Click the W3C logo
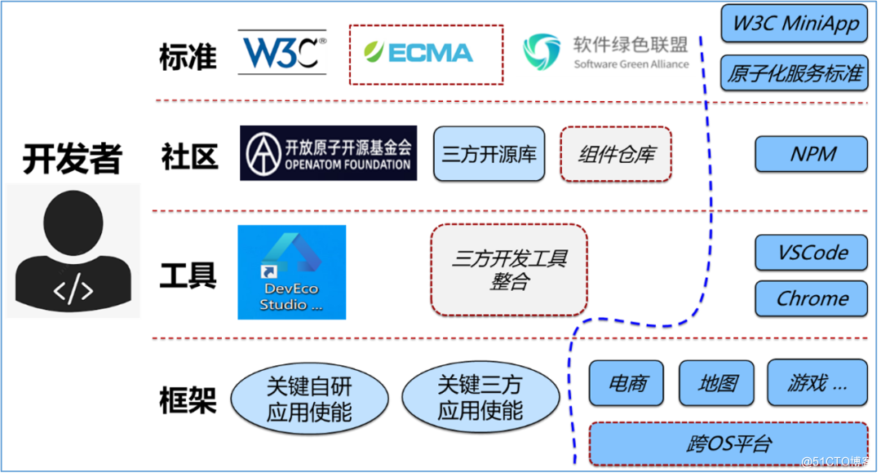point(282,52)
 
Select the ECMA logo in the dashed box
point(418,53)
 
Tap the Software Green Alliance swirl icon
point(542,51)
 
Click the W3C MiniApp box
point(795,24)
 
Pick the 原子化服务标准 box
point(795,73)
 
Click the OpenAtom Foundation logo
point(328,153)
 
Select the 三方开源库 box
point(489,154)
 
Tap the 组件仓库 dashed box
point(616,154)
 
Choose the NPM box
point(812,154)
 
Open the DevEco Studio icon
point(291,272)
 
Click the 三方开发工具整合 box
point(509,270)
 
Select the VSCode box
point(812,253)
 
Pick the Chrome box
point(812,298)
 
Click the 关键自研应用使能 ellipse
point(310,399)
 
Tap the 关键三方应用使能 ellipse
point(480,398)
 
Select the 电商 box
point(626,383)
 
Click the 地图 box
point(716,383)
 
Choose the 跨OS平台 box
point(728,444)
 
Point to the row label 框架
point(188,400)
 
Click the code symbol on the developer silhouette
point(73,289)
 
